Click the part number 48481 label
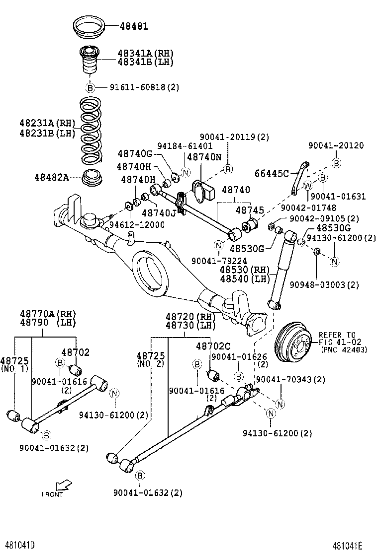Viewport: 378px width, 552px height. point(133,26)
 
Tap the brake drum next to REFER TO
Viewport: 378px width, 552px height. point(293,343)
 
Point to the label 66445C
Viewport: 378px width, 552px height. point(272,173)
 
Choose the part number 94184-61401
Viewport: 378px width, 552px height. point(185,146)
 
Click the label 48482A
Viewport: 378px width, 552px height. point(52,177)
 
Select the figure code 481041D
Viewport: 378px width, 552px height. point(20,545)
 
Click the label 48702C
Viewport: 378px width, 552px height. point(213,346)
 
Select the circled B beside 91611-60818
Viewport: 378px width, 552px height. point(90,87)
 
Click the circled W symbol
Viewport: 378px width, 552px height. point(308,186)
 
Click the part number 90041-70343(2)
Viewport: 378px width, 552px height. point(290,380)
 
